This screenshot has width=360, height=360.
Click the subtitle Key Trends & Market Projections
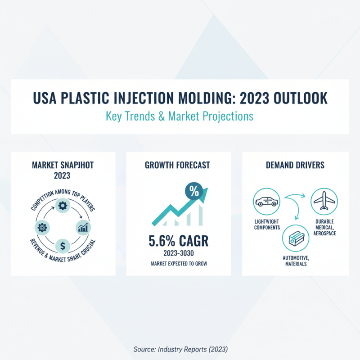pos(180,116)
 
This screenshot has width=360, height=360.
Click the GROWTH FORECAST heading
pos(177,165)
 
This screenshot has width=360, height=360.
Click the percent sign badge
pos(194,191)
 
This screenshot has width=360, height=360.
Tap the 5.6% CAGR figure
pos(179,241)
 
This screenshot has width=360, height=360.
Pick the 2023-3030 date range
pos(179,253)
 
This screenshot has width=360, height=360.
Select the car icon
pos(266,201)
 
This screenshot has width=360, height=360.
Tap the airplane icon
pos(324,201)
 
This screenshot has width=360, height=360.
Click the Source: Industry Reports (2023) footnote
pos(180,349)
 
